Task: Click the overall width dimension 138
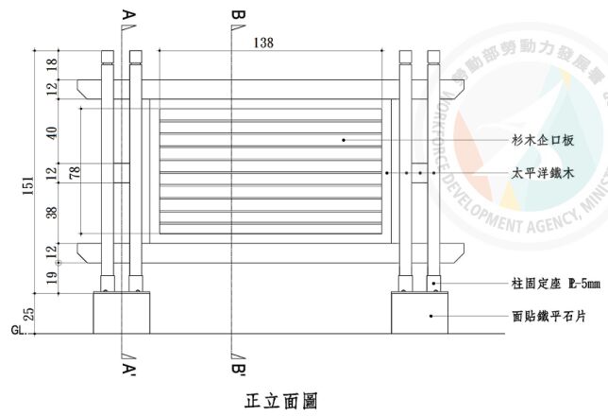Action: pyautogui.click(x=264, y=43)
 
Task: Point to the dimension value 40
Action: pyautogui.click(x=52, y=133)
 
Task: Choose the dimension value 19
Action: pyautogui.click(x=52, y=278)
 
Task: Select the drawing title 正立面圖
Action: pyautogui.click(x=280, y=399)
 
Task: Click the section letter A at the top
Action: pyautogui.click(x=127, y=15)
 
